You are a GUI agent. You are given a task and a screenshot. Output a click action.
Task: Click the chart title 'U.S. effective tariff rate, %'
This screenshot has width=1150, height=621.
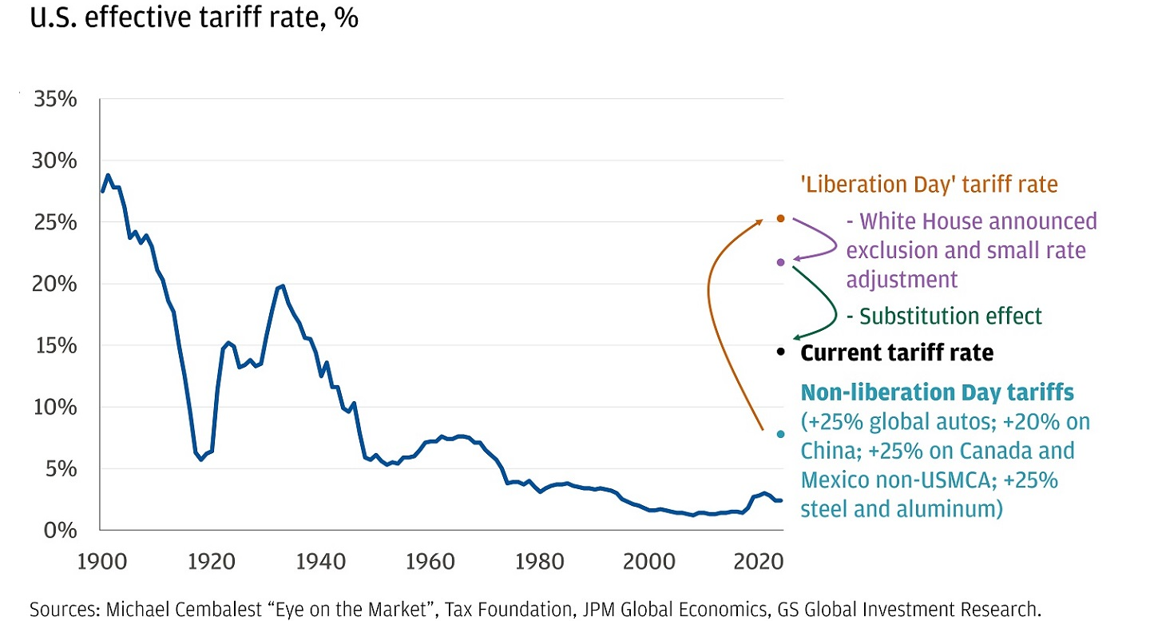pyautogui.click(x=194, y=18)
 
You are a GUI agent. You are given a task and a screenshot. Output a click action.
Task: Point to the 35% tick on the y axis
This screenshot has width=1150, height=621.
pyautogui.click(x=54, y=100)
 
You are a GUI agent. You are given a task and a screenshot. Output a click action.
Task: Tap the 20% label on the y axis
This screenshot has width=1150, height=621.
pyautogui.click(x=54, y=285)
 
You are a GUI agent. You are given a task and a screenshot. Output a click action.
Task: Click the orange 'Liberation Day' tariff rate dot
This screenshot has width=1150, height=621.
pyautogui.click(x=780, y=218)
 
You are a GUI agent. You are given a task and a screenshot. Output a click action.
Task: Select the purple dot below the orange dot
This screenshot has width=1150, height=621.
pyautogui.click(x=780, y=262)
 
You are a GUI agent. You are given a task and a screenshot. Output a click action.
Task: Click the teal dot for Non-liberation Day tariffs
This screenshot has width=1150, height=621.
pyautogui.click(x=780, y=434)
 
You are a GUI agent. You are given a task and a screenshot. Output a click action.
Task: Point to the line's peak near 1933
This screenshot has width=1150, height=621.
pyautogui.click(x=282, y=285)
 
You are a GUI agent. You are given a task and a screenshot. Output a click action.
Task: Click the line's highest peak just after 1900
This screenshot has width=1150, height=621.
pyautogui.click(x=108, y=175)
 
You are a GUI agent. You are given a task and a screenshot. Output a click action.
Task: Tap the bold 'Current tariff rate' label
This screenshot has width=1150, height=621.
pyautogui.click(x=897, y=352)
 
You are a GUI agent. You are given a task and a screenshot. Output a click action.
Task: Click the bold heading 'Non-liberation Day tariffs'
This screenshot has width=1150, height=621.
pyautogui.click(x=937, y=392)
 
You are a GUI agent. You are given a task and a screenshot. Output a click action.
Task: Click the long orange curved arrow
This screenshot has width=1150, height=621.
pyautogui.click(x=709, y=304)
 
